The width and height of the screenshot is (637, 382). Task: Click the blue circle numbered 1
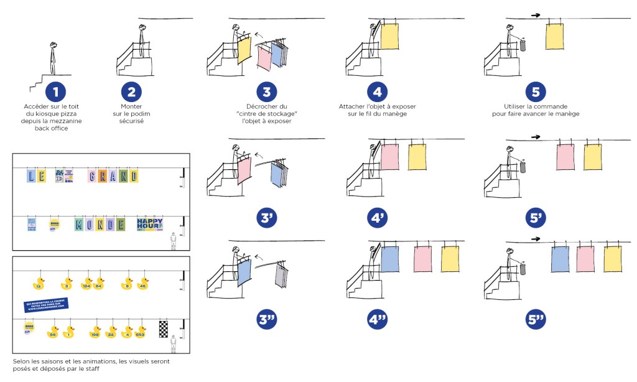tap(55, 93)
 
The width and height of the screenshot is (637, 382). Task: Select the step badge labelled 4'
tap(377, 218)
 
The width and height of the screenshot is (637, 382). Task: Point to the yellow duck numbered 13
tap(39, 286)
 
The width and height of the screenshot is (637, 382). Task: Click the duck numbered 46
tap(143, 285)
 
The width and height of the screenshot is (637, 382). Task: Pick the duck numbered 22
tap(111, 333)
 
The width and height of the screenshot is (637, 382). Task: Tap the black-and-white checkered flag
tap(164, 328)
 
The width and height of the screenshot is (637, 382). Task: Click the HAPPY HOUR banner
tap(149, 225)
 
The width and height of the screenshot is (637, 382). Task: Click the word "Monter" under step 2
tap(131, 106)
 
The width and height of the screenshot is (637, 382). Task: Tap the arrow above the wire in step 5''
tap(534, 238)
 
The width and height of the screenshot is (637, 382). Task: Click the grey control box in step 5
tap(523, 45)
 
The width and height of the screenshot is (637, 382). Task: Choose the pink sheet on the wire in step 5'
tap(565, 157)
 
